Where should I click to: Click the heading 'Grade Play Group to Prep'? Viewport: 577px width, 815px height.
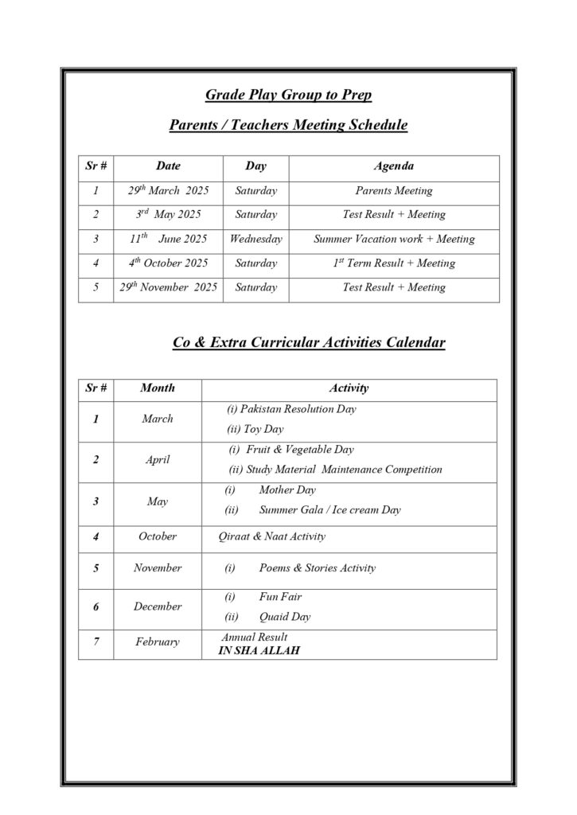click(x=288, y=96)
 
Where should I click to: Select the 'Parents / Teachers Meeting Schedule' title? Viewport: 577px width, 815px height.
click(x=288, y=125)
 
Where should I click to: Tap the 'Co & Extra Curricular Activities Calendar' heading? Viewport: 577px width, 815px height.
click(x=309, y=343)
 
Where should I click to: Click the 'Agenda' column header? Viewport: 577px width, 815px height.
click(x=393, y=166)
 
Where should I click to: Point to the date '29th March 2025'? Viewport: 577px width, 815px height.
click(x=168, y=191)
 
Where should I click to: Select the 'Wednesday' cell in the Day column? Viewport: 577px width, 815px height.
click(x=255, y=239)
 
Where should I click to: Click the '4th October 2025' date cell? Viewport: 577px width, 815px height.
click(x=168, y=263)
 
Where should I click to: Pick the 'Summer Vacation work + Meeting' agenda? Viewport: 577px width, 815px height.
click(x=393, y=239)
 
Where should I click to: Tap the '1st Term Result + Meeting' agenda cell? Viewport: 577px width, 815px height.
click(x=393, y=263)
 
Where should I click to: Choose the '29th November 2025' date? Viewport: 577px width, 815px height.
click(x=168, y=287)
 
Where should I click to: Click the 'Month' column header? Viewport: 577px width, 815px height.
click(x=157, y=388)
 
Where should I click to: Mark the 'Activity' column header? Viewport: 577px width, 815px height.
click(x=349, y=388)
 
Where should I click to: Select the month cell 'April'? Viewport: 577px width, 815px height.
click(x=157, y=460)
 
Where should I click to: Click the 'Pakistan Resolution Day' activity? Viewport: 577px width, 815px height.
click(x=291, y=409)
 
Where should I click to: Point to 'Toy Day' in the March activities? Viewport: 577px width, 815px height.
click(x=255, y=429)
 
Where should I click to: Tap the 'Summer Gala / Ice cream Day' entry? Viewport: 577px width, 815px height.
click(x=329, y=509)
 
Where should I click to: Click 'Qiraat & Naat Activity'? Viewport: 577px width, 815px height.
click(x=272, y=536)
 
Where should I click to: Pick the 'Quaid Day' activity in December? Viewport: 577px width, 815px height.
click(x=284, y=617)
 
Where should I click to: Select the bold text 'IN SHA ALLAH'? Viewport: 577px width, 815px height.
click(x=259, y=650)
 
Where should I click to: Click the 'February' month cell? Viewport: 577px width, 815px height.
click(x=157, y=642)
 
